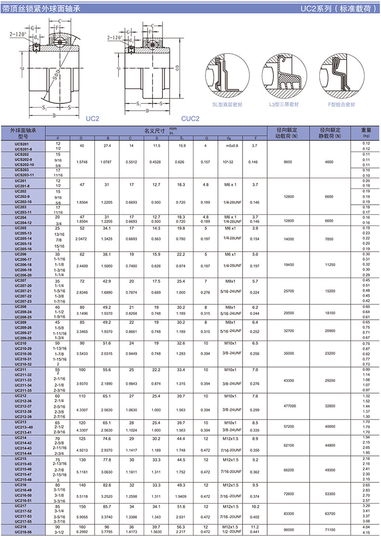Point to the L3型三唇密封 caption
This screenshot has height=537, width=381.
click(284, 104)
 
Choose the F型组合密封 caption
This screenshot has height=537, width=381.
click(341, 104)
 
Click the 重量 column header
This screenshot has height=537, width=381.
click(366, 130)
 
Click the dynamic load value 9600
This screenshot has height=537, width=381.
click(288, 162)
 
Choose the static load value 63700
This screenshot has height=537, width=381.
click(329, 514)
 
